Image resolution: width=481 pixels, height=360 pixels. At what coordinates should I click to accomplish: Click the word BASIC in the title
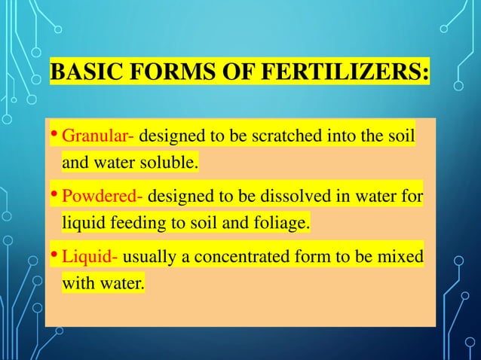[80, 76]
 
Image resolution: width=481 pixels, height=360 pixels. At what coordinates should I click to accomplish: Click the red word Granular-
[98, 138]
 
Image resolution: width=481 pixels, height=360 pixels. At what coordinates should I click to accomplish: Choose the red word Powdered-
[103, 198]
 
